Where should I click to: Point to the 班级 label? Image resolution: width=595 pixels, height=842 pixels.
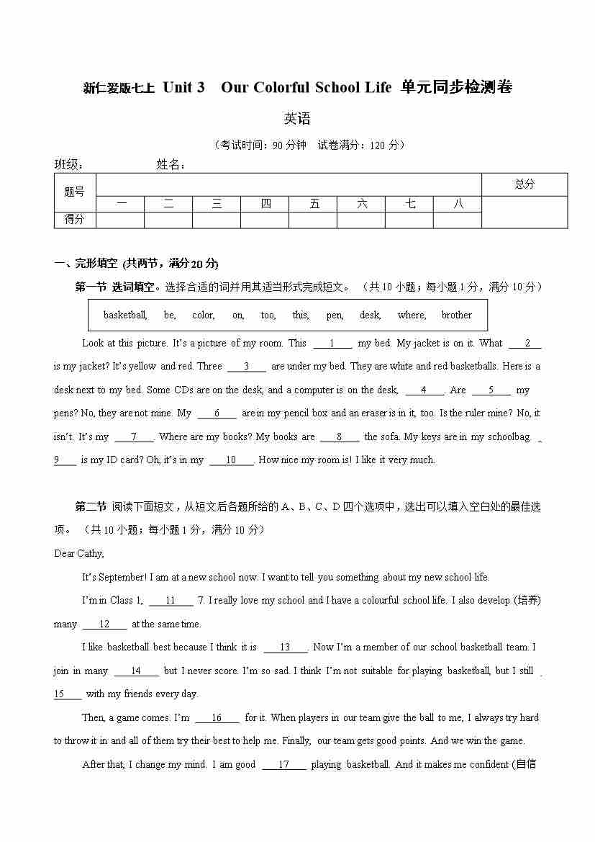point(68,164)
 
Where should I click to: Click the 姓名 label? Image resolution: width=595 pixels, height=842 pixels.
point(171,164)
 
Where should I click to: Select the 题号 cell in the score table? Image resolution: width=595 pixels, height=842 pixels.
point(74,192)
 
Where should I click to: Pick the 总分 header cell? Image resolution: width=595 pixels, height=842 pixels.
point(524,184)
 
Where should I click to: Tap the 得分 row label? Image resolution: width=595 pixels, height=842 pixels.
point(74,220)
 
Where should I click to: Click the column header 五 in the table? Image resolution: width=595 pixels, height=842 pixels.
point(314,204)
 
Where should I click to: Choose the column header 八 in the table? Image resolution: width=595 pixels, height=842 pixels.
point(458,204)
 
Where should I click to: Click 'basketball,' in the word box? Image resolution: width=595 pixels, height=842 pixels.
point(125,315)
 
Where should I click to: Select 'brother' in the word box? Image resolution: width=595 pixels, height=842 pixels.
point(456,315)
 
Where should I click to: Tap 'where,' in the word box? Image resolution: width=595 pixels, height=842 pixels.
point(412,315)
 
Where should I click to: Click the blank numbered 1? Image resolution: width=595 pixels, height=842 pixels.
point(331,344)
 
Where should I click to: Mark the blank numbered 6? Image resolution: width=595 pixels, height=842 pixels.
point(217,413)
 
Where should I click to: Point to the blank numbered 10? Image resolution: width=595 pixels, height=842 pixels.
point(231,460)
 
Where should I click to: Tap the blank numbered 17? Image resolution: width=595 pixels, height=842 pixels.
point(283,765)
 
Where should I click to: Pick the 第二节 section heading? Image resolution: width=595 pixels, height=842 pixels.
point(91,506)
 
